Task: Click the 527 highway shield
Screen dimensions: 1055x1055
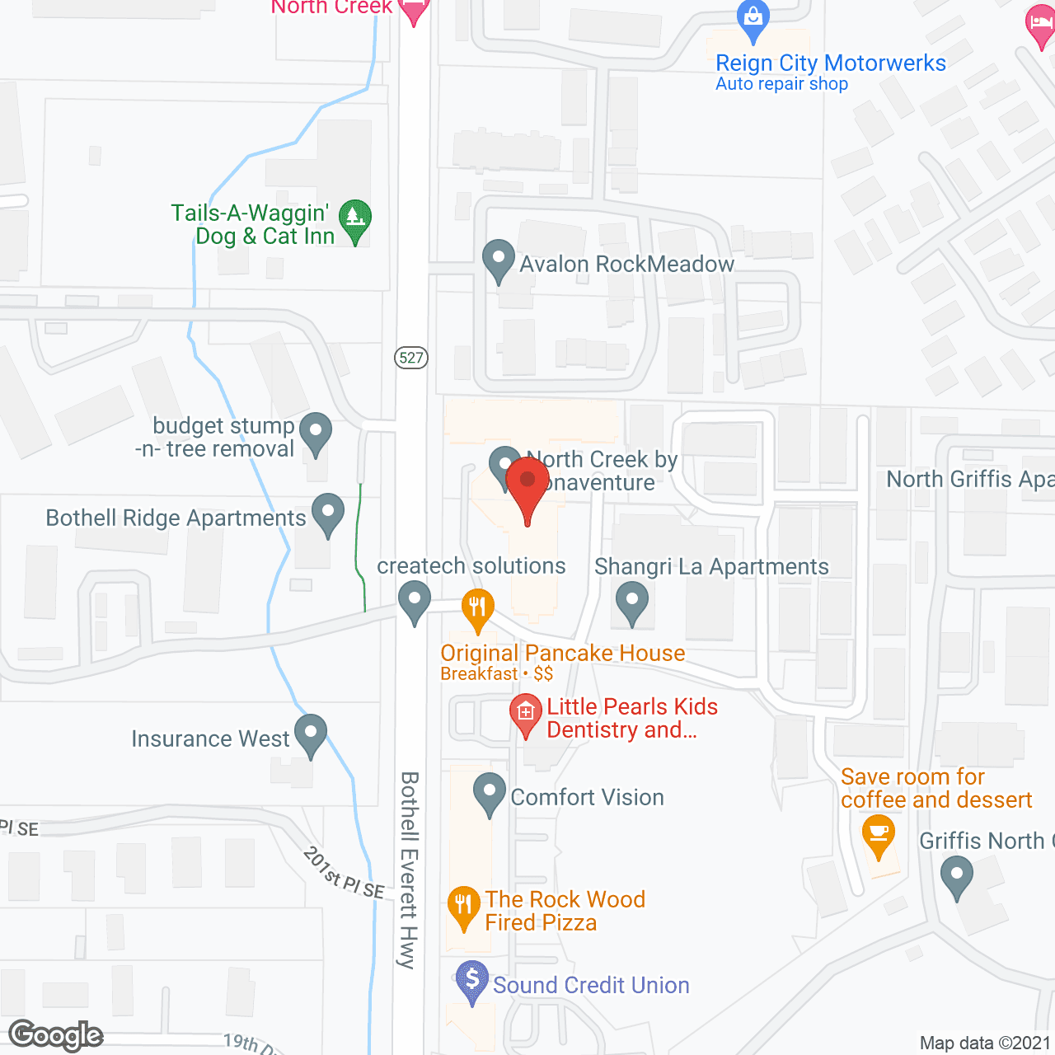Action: click(x=411, y=358)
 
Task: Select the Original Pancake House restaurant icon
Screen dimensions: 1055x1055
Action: click(x=477, y=608)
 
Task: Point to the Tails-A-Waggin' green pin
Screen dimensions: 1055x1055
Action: click(x=355, y=220)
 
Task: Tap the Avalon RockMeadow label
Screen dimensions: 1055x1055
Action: click(x=626, y=264)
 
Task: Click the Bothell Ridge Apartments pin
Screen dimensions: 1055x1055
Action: click(x=328, y=513)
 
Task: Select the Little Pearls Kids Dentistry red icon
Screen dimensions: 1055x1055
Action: click(x=525, y=714)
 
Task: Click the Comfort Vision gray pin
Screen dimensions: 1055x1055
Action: click(x=490, y=793)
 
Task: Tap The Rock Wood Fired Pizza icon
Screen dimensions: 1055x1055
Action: click(x=464, y=906)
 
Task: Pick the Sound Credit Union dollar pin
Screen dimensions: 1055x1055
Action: click(x=472, y=981)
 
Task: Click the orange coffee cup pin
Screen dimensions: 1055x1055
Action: click(x=879, y=835)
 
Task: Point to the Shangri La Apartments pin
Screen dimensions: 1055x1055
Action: click(x=632, y=602)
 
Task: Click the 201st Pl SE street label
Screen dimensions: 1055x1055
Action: click(x=344, y=873)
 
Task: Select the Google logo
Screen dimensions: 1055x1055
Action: click(x=56, y=1036)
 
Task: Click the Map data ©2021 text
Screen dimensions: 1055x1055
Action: click(x=985, y=1043)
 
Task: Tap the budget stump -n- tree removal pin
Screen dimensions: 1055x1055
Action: click(x=315, y=433)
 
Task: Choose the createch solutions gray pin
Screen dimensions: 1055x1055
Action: click(x=415, y=602)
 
